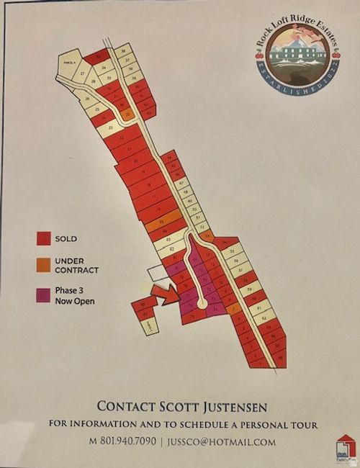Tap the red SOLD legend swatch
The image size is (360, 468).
44,238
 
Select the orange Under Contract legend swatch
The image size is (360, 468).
44,264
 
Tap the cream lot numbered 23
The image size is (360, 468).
109,128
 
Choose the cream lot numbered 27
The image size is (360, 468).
84,74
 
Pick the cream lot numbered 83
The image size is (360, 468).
168,238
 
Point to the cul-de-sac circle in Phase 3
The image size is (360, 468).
202,305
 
